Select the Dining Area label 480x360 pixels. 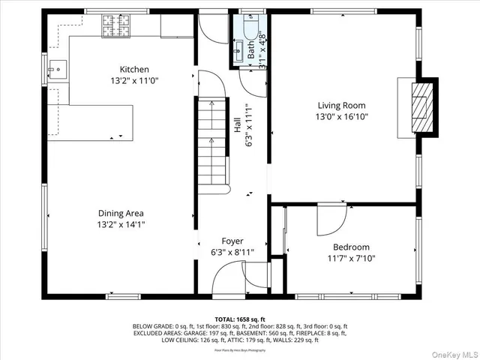point(120,213)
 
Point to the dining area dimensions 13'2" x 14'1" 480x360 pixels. point(120,224)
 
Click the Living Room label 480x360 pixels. point(342,106)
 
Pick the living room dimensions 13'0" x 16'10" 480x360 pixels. point(342,117)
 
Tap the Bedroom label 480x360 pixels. point(351,247)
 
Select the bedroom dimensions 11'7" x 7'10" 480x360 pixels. point(351,258)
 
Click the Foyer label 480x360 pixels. point(232,241)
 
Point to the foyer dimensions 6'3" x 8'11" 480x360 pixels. point(232,252)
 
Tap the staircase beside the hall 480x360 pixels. point(212,142)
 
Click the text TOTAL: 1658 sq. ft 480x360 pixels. point(240,319)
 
